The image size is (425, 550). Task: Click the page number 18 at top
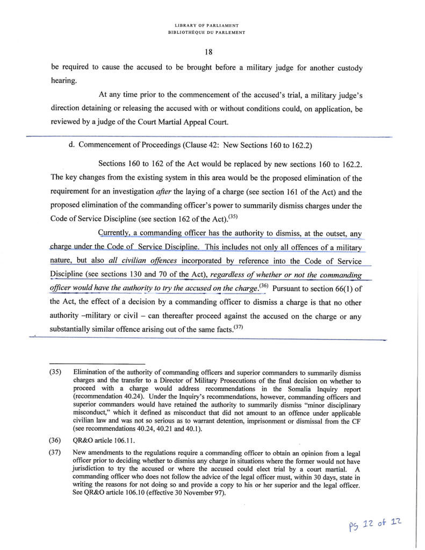pyautogui.click(x=210, y=53)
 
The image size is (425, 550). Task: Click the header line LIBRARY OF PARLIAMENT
pyautogui.click(x=210, y=26)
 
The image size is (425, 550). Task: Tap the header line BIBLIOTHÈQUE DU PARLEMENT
pyautogui.click(x=210, y=32)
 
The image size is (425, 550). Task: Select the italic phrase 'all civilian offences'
pyautogui.click(x=142, y=261)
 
